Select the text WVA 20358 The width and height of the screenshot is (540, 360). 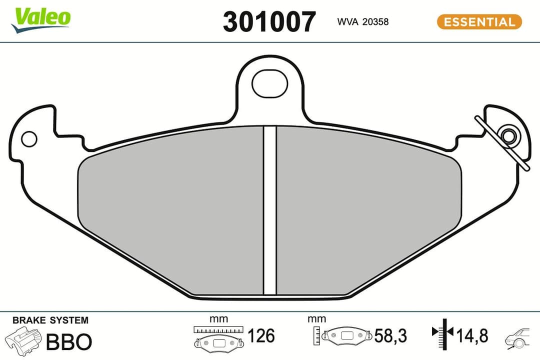[x=356, y=22]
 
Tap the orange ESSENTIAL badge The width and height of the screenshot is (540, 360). [x=479, y=22]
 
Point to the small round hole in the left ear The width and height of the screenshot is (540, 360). [x=29, y=139]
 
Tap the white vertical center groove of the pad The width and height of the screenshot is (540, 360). [x=269, y=210]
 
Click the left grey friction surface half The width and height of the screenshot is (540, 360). [x=170, y=215]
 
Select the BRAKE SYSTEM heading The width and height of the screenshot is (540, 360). [x=50, y=320]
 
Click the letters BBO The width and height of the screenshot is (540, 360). [x=69, y=342]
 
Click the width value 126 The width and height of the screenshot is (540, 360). [x=261, y=335]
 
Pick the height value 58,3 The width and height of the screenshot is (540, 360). [x=391, y=335]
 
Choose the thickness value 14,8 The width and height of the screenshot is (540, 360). [x=471, y=334]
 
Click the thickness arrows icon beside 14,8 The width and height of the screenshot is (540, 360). [x=442, y=333]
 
